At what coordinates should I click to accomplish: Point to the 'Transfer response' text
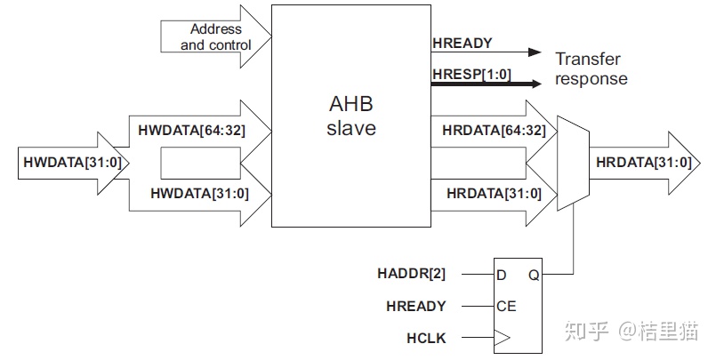tap(591, 69)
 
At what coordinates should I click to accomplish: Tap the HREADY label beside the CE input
tap(416, 307)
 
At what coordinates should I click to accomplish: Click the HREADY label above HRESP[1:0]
tap(462, 43)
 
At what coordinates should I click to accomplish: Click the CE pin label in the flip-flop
tap(505, 307)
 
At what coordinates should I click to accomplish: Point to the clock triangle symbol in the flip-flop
tap(503, 339)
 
